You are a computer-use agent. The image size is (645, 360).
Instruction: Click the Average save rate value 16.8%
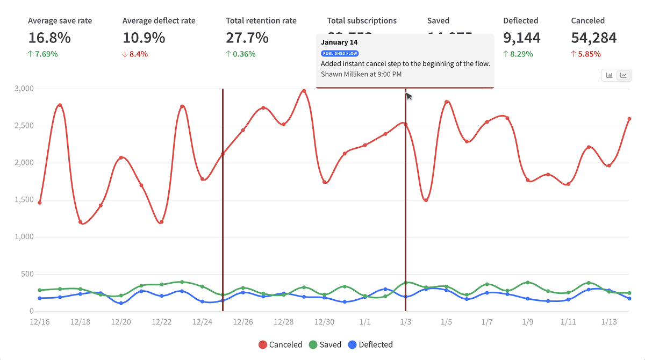coord(49,38)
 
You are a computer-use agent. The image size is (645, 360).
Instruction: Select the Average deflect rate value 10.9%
coord(144,38)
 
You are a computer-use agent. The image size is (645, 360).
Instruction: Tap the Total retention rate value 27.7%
coord(247,38)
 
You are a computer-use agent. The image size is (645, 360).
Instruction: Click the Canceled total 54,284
coord(594,38)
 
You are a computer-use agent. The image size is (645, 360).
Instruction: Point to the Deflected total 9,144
coord(522,38)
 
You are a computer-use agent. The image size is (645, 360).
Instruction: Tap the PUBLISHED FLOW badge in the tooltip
coord(340,53)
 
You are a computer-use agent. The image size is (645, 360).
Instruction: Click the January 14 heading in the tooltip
coord(339,42)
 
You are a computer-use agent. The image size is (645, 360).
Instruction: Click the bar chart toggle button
coord(610,75)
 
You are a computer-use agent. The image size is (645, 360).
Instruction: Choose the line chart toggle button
coord(623,75)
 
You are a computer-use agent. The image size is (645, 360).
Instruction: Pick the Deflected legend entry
coord(370,344)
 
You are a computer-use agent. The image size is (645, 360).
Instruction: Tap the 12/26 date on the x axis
coord(243,321)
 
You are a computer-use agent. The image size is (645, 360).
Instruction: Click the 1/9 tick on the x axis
coord(528,321)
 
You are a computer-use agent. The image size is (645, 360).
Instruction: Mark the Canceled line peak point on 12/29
coord(304,91)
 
